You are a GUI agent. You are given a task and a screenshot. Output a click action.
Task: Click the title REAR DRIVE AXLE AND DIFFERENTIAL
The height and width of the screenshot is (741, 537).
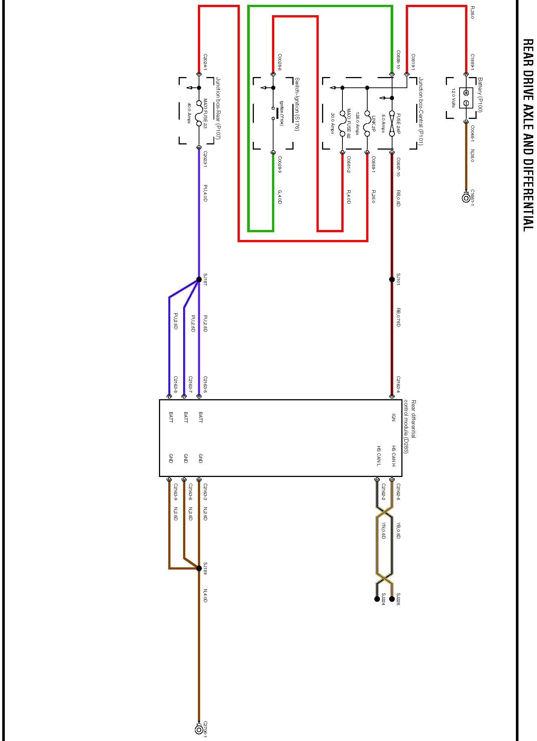point(528,135)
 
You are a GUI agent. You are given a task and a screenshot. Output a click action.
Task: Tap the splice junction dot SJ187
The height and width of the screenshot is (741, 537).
point(199,280)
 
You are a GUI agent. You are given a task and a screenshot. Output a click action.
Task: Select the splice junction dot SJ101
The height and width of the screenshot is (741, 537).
point(392,279)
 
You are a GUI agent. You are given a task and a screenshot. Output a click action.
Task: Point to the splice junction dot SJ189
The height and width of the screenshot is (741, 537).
point(199,568)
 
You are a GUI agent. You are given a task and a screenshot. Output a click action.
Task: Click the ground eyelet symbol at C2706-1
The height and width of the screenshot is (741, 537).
point(199,730)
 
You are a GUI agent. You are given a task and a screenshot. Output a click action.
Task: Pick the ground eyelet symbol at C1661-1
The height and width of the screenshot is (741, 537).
point(466,198)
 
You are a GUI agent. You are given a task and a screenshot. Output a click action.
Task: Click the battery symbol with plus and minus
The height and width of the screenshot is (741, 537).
point(466,98)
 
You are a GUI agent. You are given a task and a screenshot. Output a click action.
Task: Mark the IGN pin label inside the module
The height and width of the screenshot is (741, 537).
point(394,418)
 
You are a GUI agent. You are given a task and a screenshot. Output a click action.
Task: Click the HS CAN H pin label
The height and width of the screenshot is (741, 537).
point(394,456)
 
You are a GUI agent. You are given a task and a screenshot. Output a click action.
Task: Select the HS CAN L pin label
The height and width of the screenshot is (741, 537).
point(379,456)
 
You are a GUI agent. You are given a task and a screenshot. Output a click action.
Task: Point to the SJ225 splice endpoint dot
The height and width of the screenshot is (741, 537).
point(392,599)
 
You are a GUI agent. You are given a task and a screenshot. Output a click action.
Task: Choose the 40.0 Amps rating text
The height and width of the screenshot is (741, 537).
point(189,113)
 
